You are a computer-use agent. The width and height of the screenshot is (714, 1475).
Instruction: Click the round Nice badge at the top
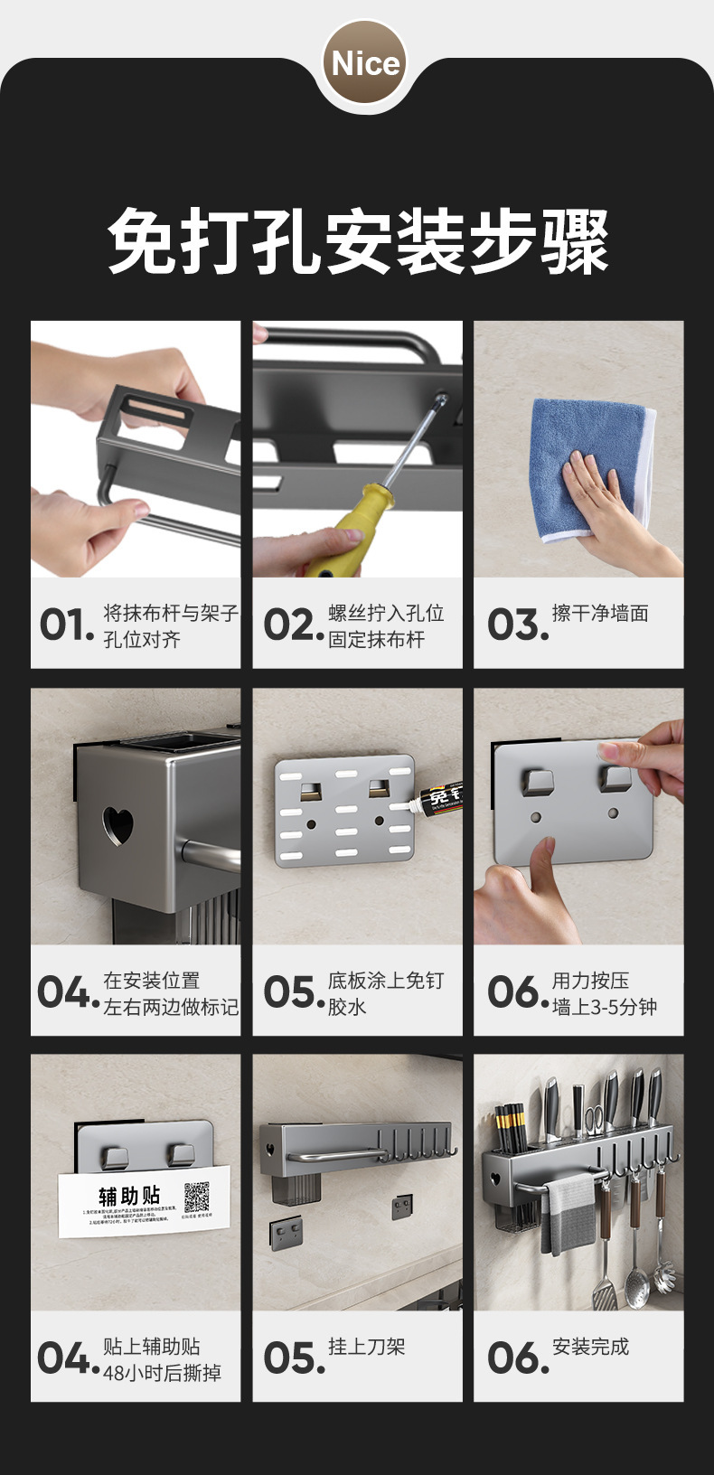click(x=365, y=63)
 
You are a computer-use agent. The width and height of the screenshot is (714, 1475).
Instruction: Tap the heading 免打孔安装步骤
click(x=358, y=241)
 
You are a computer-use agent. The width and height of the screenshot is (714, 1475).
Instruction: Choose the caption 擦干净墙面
click(x=600, y=614)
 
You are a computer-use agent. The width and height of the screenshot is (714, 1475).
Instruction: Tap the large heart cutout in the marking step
click(x=117, y=824)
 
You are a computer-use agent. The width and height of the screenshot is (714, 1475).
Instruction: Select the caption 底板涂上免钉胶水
click(x=385, y=992)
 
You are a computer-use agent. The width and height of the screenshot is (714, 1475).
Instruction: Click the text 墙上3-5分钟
click(x=604, y=1007)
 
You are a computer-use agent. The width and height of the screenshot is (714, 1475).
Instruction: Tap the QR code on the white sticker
click(x=197, y=1198)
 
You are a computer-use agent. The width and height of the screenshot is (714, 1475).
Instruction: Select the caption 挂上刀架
click(x=366, y=1347)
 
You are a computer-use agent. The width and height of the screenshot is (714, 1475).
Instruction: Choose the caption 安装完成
click(x=590, y=1347)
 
